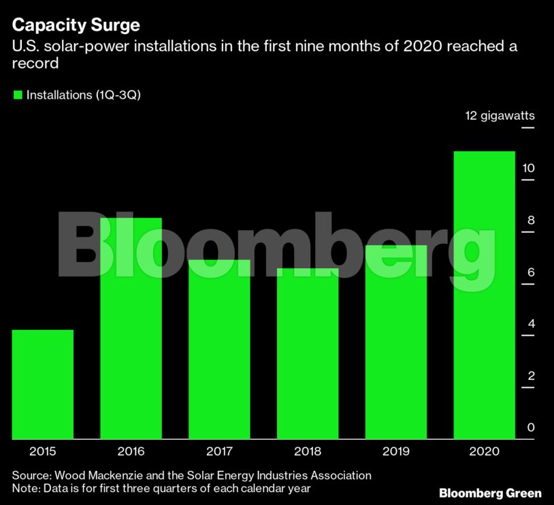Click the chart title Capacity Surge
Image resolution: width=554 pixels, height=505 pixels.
tap(76, 26)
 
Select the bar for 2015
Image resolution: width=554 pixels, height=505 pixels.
tap(42, 385)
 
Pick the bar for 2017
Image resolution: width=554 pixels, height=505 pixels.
tap(219, 350)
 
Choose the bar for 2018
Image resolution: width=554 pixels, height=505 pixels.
tap(308, 354)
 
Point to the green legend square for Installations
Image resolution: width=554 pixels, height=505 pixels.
tap(18, 95)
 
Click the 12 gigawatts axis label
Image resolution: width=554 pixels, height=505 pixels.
tap(500, 116)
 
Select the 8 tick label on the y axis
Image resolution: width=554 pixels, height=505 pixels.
tap(531, 220)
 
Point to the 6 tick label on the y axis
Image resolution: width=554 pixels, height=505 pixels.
tap(531, 272)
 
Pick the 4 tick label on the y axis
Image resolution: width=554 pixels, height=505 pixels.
tap(531, 324)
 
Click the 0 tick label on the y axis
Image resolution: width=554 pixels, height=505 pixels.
tap(531, 427)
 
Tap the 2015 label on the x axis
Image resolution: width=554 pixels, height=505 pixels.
tap(42, 451)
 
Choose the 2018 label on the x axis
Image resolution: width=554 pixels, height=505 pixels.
tap(308, 451)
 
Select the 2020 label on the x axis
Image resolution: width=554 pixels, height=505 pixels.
tap(484, 451)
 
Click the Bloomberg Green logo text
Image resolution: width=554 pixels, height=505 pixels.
tap(490, 493)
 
